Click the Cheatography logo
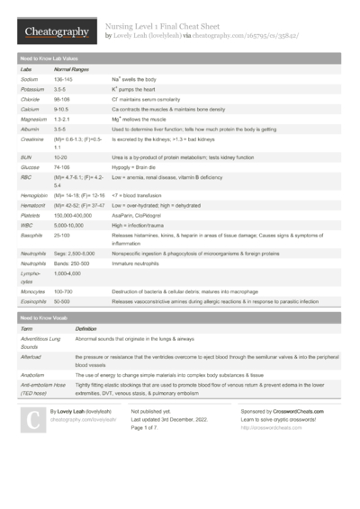click(x=56, y=32)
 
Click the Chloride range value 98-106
click(x=62, y=103)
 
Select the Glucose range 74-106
click(x=62, y=166)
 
